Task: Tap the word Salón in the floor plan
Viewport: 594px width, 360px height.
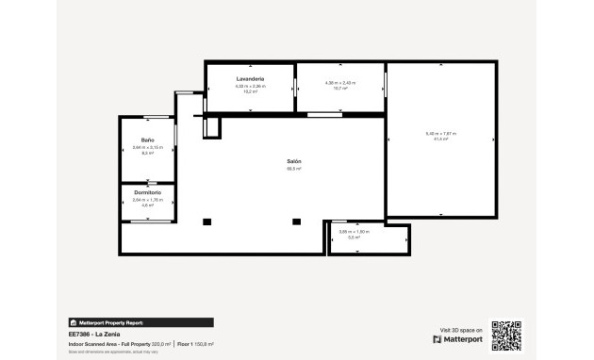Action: [294, 162]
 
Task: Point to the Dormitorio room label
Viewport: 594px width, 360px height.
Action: [148, 192]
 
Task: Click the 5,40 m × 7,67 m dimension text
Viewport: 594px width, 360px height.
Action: [440, 133]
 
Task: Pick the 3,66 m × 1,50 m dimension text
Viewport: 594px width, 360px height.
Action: [355, 231]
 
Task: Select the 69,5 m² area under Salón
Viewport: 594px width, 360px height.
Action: [294, 170]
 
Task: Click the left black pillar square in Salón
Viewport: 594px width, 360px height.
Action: [207, 221]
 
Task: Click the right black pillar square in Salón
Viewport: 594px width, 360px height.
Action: [296, 221]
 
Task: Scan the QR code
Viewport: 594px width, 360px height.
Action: [506, 335]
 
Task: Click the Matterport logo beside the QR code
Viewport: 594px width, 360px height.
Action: [458, 339]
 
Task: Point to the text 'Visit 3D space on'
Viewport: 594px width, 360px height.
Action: [457, 329]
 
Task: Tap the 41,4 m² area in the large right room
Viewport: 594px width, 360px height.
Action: [440, 139]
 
